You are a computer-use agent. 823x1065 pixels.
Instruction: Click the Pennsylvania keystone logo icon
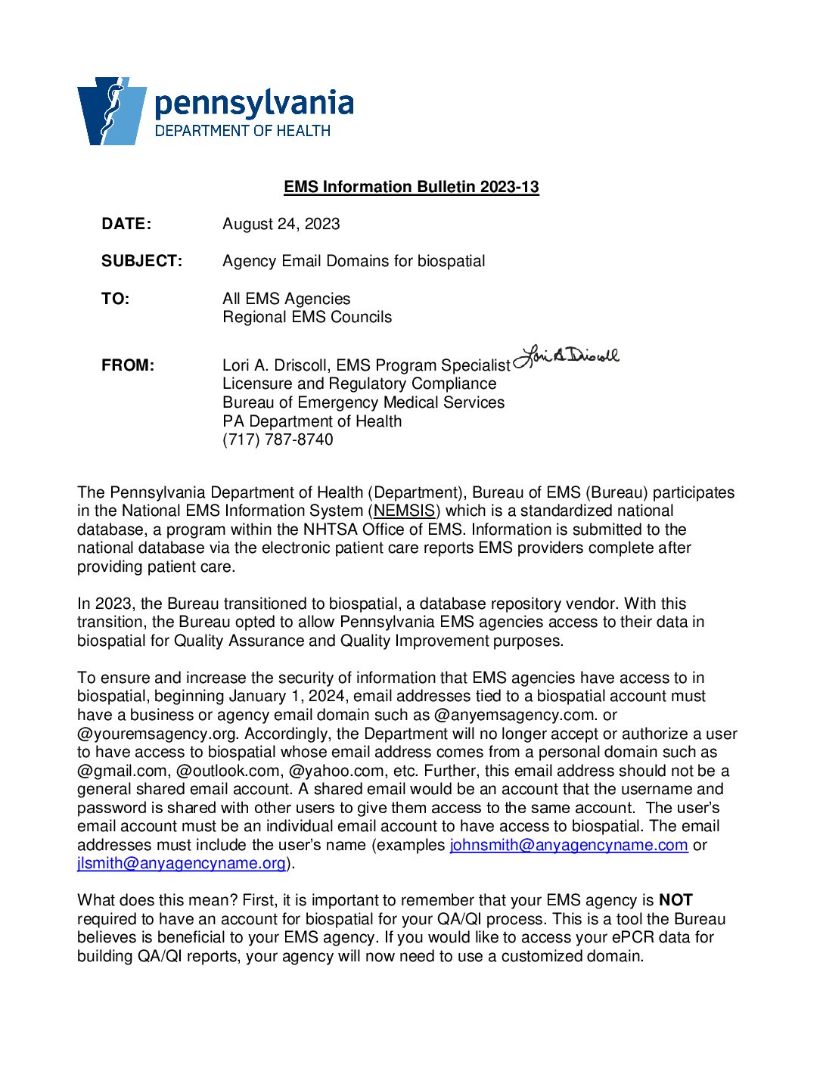[x=111, y=110]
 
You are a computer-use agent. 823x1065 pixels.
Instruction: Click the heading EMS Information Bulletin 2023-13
[x=411, y=187]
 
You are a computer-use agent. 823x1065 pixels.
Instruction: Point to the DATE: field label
[x=126, y=224]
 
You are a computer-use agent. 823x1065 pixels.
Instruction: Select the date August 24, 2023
[x=281, y=224]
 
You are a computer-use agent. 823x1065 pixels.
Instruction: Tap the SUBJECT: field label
[x=141, y=261]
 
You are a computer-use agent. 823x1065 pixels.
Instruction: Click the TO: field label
[x=115, y=299]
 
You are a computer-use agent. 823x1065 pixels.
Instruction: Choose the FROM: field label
[x=127, y=365]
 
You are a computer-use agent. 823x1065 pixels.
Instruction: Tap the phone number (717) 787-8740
[x=278, y=439]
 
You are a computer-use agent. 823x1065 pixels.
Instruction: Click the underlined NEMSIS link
[x=405, y=511]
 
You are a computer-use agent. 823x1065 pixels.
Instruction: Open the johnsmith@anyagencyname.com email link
[x=568, y=845]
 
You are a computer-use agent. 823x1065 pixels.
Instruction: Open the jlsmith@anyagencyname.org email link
[x=182, y=863]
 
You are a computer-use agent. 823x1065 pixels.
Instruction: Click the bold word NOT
[x=675, y=900]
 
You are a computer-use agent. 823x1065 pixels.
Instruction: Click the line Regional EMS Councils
[x=307, y=317]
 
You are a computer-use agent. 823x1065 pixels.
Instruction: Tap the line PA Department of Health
[x=312, y=421]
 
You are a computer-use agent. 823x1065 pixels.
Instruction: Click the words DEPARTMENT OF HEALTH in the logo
[x=242, y=131]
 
